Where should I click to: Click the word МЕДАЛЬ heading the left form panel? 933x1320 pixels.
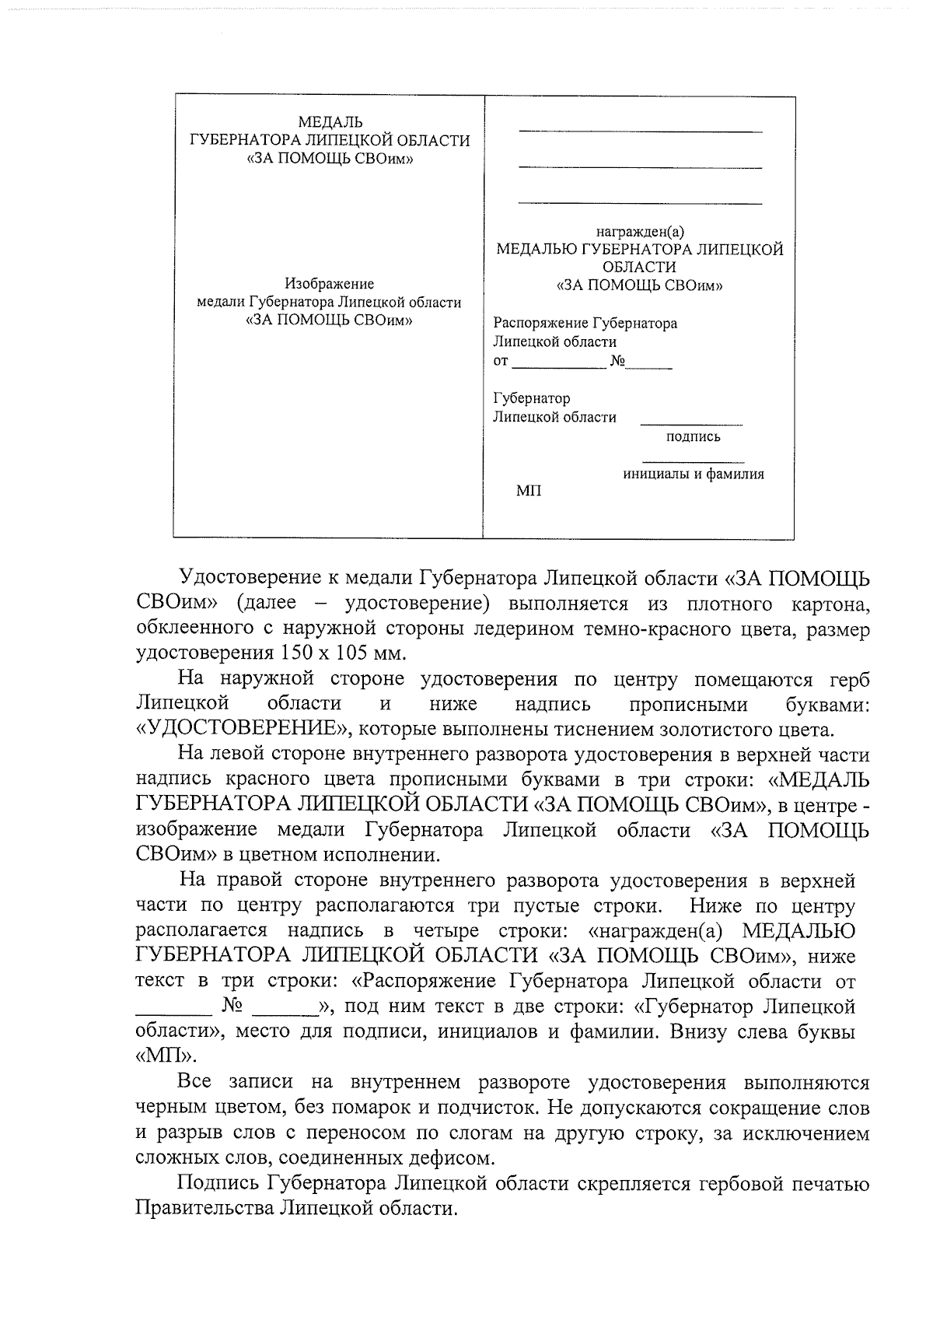click(330, 122)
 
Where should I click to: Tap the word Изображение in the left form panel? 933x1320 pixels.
click(329, 284)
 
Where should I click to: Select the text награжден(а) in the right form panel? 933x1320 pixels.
click(640, 231)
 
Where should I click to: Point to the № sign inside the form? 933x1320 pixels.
click(619, 361)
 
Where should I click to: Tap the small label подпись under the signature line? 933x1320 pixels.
click(694, 436)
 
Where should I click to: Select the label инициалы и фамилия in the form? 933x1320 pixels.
click(694, 474)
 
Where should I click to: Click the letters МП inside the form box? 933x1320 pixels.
click(529, 491)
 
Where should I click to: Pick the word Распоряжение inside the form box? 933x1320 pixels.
click(542, 323)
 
